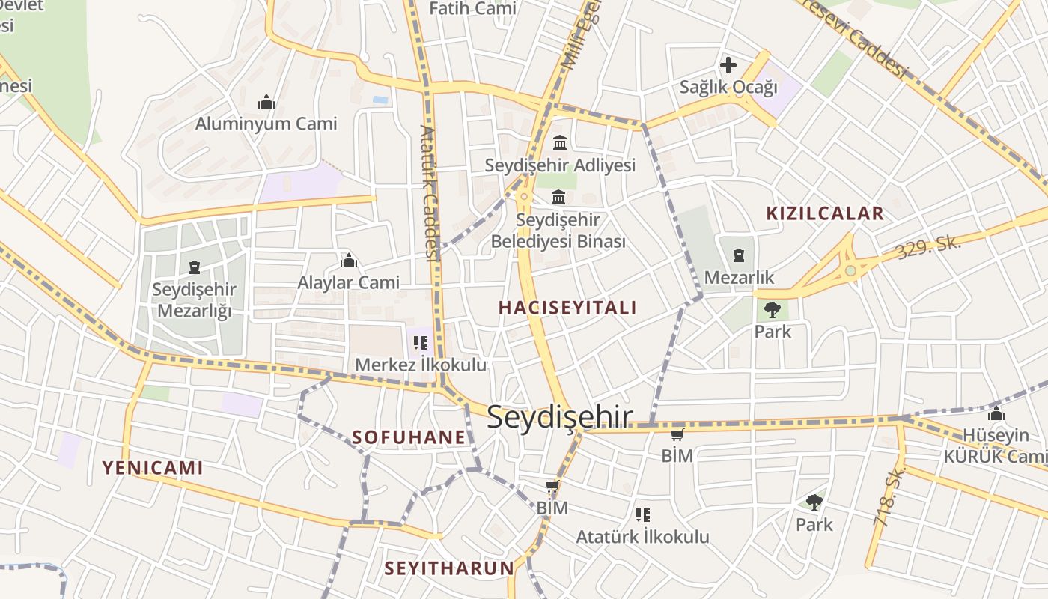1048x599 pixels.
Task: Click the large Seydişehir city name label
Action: tap(560, 418)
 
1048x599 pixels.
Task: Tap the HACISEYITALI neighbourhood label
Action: tap(567, 308)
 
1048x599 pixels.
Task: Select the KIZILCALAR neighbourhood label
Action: tap(825, 213)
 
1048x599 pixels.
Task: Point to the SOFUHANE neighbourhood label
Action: tap(409, 437)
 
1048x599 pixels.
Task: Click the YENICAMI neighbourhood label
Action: tap(153, 468)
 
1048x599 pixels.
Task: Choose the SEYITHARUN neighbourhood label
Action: tap(449, 568)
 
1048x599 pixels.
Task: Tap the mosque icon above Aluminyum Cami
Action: tap(266, 102)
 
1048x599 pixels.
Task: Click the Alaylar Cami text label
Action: tap(349, 282)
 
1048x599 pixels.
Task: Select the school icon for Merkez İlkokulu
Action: tap(421, 343)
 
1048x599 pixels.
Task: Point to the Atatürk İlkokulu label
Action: tap(642, 536)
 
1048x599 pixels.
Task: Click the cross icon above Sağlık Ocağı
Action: tap(728, 65)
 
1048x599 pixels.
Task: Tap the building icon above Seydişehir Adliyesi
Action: tap(559, 142)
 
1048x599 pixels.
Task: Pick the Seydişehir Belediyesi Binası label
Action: tap(558, 231)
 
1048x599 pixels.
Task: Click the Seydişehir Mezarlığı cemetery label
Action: tap(194, 299)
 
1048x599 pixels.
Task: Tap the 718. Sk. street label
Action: tap(889, 496)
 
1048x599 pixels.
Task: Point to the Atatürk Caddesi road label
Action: tap(428, 192)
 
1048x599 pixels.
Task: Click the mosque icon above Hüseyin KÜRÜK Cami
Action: tap(996, 413)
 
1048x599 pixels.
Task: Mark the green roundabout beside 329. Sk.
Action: tap(850, 270)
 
